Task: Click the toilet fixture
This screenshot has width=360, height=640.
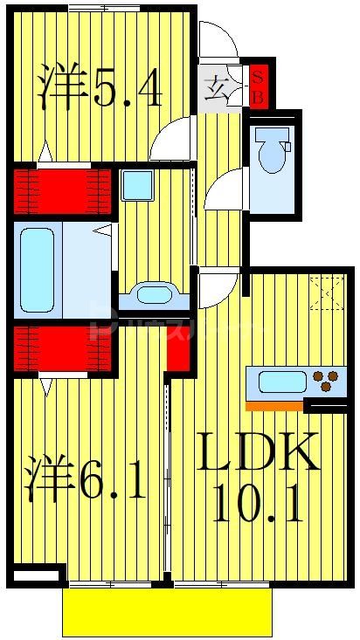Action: coord(272,149)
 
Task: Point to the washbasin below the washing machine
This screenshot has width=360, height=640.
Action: coord(154,295)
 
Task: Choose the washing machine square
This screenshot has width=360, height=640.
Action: coord(137,185)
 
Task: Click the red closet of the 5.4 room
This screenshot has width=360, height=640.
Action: coord(64,191)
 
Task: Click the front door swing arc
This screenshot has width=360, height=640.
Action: coord(217,42)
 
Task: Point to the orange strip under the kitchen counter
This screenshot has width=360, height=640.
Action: coord(273,405)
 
